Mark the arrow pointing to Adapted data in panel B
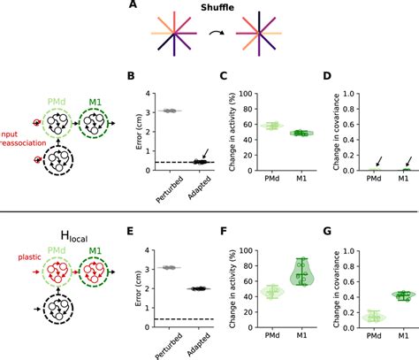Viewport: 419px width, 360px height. click(204, 155)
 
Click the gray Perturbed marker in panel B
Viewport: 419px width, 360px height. click(168, 111)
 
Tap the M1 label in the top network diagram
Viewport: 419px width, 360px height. click(92, 103)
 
